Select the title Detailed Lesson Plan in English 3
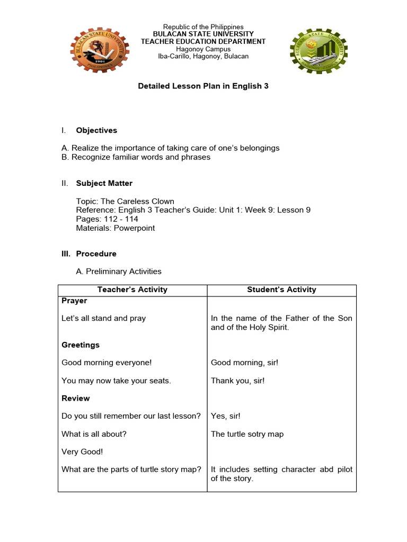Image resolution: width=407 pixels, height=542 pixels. click(203, 86)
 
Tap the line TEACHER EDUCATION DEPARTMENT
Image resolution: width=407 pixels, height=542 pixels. click(203, 41)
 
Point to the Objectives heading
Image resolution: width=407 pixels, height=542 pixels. click(96, 130)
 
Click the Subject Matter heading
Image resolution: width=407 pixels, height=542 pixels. click(104, 183)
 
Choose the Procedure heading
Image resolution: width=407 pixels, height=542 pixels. click(96, 254)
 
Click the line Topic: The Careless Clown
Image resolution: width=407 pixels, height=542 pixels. click(125, 201)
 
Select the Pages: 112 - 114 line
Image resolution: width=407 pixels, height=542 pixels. click(107, 219)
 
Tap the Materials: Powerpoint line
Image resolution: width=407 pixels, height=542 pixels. click(116, 228)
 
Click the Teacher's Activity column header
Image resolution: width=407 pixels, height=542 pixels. click(132, 290)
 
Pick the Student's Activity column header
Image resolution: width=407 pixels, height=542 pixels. click(281, 290)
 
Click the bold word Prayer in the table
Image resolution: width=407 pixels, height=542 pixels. click(74, 301)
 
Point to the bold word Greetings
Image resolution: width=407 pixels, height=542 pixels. click(81, 345)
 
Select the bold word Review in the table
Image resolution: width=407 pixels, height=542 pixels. click(76, 398)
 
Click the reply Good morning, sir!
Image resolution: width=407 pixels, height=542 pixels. click(244, 363)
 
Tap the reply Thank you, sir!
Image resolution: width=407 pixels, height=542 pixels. click(237, 381)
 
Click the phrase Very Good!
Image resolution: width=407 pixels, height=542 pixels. click(82, 451)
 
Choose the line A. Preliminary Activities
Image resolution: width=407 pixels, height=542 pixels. click(119, 272)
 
